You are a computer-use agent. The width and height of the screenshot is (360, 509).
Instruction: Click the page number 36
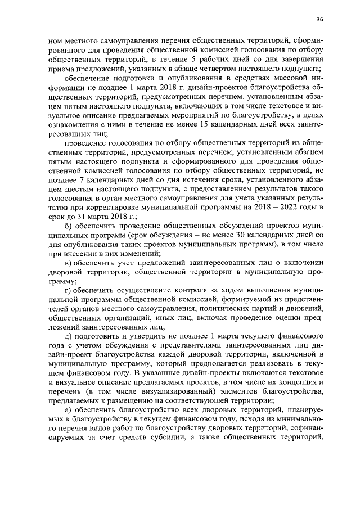tap(319, 19)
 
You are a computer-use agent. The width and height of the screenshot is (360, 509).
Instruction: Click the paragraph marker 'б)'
tap(70, 234)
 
